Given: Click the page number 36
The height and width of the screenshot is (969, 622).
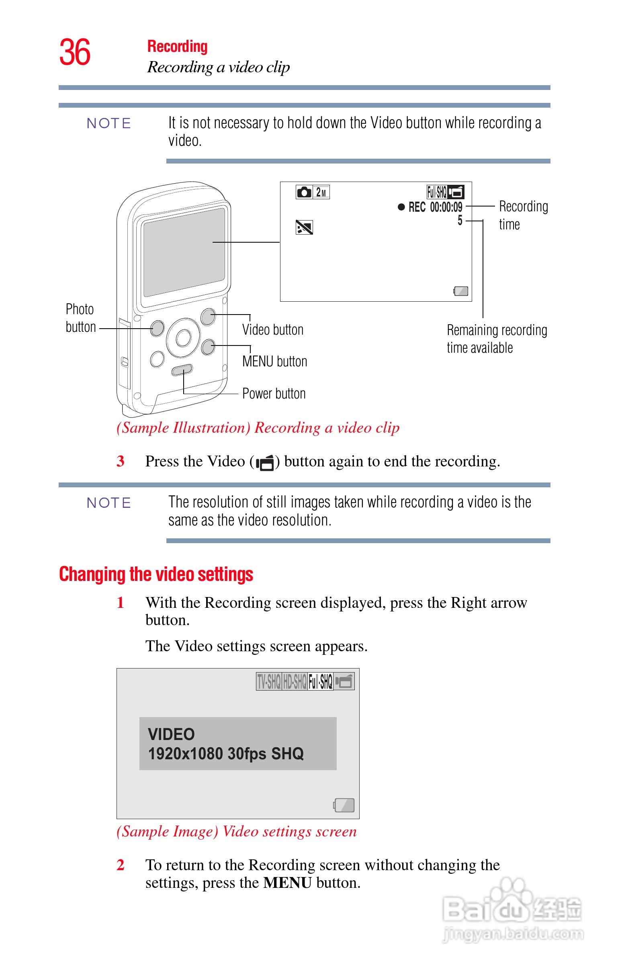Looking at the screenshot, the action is (75, 53).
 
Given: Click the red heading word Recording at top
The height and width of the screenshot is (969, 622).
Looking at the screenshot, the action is (177, 47).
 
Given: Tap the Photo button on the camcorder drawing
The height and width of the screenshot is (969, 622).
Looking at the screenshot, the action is (157, 328).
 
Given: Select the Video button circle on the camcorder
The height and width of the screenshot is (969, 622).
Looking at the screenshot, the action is (208, 317).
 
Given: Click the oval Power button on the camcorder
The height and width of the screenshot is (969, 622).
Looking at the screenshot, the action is (182, 370).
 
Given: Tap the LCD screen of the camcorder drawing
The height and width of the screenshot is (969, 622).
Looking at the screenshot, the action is (184, 252).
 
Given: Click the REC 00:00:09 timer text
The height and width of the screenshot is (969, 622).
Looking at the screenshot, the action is (435, 207).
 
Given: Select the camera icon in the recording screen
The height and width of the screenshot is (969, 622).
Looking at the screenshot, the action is (304, 192).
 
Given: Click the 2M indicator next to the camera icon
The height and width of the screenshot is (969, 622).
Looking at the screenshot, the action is (321, 192).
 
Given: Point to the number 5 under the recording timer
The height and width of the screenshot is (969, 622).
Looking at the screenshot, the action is (460, 221).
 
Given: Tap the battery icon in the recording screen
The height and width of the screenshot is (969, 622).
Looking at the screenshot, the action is (461, 291).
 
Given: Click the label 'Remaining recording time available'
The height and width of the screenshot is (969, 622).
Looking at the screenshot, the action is (496, 339).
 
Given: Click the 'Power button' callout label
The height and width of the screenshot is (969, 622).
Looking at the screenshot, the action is (274, 393).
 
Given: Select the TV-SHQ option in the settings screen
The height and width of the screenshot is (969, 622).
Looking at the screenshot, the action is (269, 681).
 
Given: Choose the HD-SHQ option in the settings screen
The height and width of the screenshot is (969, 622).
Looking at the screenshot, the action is (295, 681).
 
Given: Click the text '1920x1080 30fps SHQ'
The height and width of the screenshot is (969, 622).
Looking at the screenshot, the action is (226, 753).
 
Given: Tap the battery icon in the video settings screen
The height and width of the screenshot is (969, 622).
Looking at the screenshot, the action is (344, 805).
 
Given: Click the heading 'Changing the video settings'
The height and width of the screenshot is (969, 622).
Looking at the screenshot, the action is (156, 574).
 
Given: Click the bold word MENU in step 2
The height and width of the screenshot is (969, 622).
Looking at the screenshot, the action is (287, 883).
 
